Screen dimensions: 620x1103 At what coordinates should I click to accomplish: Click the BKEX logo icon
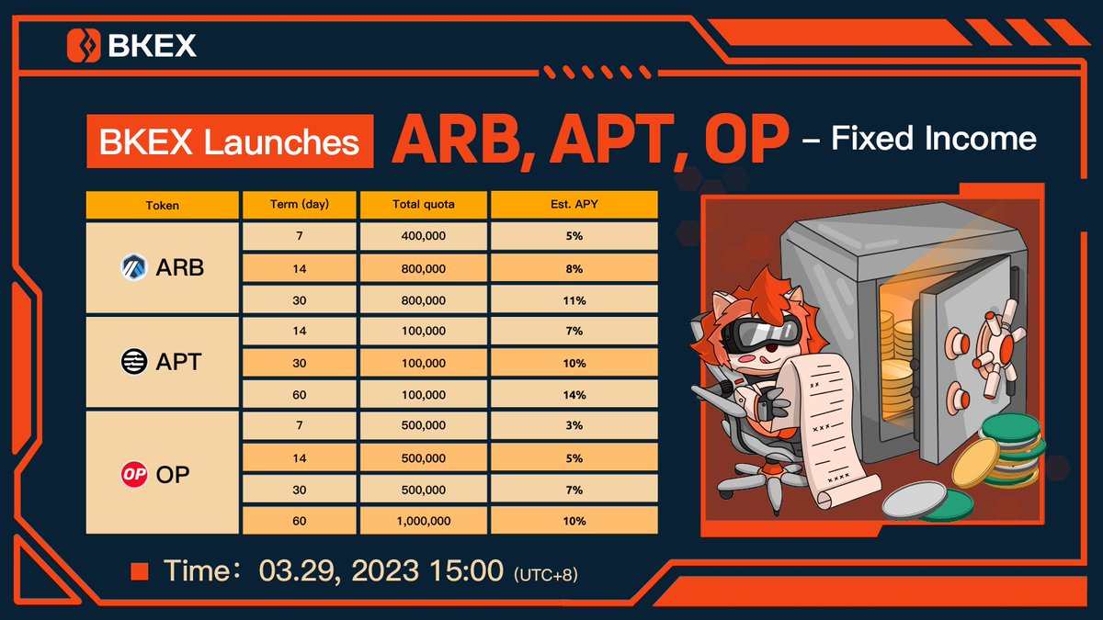(84, 44)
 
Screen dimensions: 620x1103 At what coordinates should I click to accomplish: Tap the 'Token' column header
(163, 205)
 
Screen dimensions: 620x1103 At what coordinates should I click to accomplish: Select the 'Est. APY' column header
(574, 205)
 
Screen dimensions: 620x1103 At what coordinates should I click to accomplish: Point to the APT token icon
(134, 363)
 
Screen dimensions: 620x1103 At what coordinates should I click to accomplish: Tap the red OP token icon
(134, 473)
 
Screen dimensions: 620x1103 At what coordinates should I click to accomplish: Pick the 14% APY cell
(574, 395)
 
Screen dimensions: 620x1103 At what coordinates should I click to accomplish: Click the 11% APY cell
(574, 300)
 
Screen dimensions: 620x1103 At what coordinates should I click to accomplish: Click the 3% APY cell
(574, 426)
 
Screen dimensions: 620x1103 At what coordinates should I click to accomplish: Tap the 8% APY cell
(574, 268)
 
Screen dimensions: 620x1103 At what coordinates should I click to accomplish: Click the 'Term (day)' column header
(299, 205)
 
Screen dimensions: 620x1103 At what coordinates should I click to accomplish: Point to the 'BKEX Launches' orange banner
(230, 141)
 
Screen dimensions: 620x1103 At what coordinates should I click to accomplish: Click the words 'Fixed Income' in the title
(934, 140)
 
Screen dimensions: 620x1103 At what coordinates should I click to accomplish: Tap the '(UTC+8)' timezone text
(546, 574)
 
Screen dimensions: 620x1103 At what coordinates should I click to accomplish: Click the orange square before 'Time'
(140, 571)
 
